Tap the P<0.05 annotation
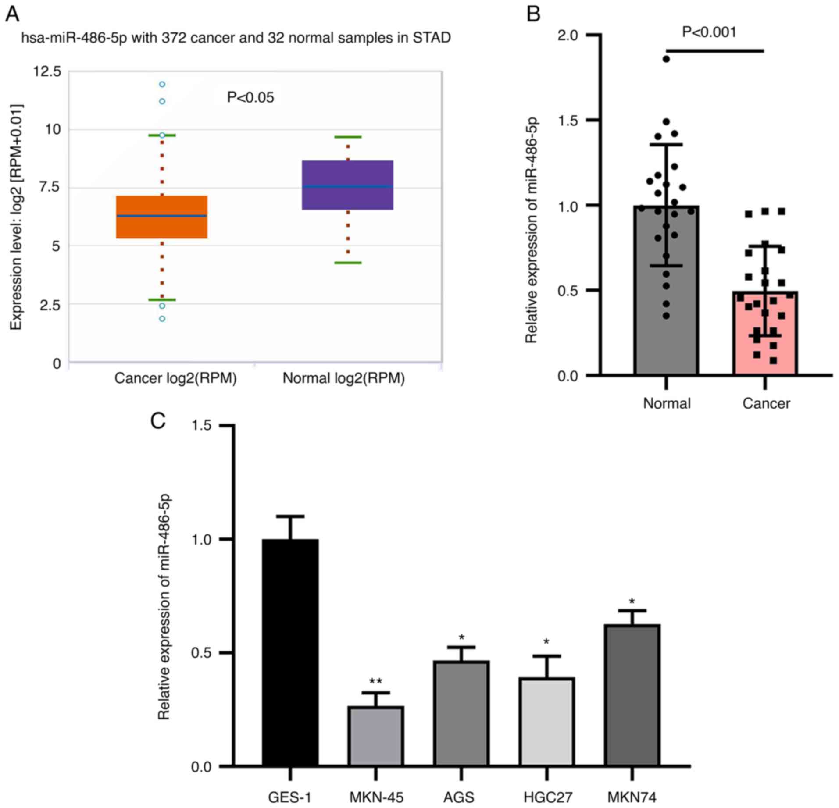250,97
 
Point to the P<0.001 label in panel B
709,32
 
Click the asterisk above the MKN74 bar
632,601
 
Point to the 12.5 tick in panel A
47,71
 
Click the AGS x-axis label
459,797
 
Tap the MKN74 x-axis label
632,797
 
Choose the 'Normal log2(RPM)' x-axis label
343,378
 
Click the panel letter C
157,421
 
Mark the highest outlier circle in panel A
162,84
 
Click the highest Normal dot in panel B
666,59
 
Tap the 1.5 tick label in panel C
201,425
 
